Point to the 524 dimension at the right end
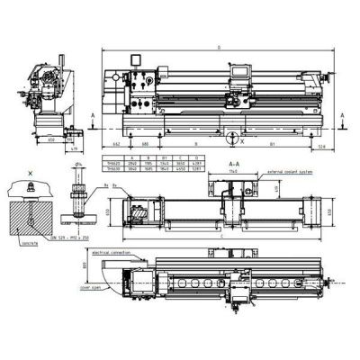pos(321,144)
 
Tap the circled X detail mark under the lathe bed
pos(233,139)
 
